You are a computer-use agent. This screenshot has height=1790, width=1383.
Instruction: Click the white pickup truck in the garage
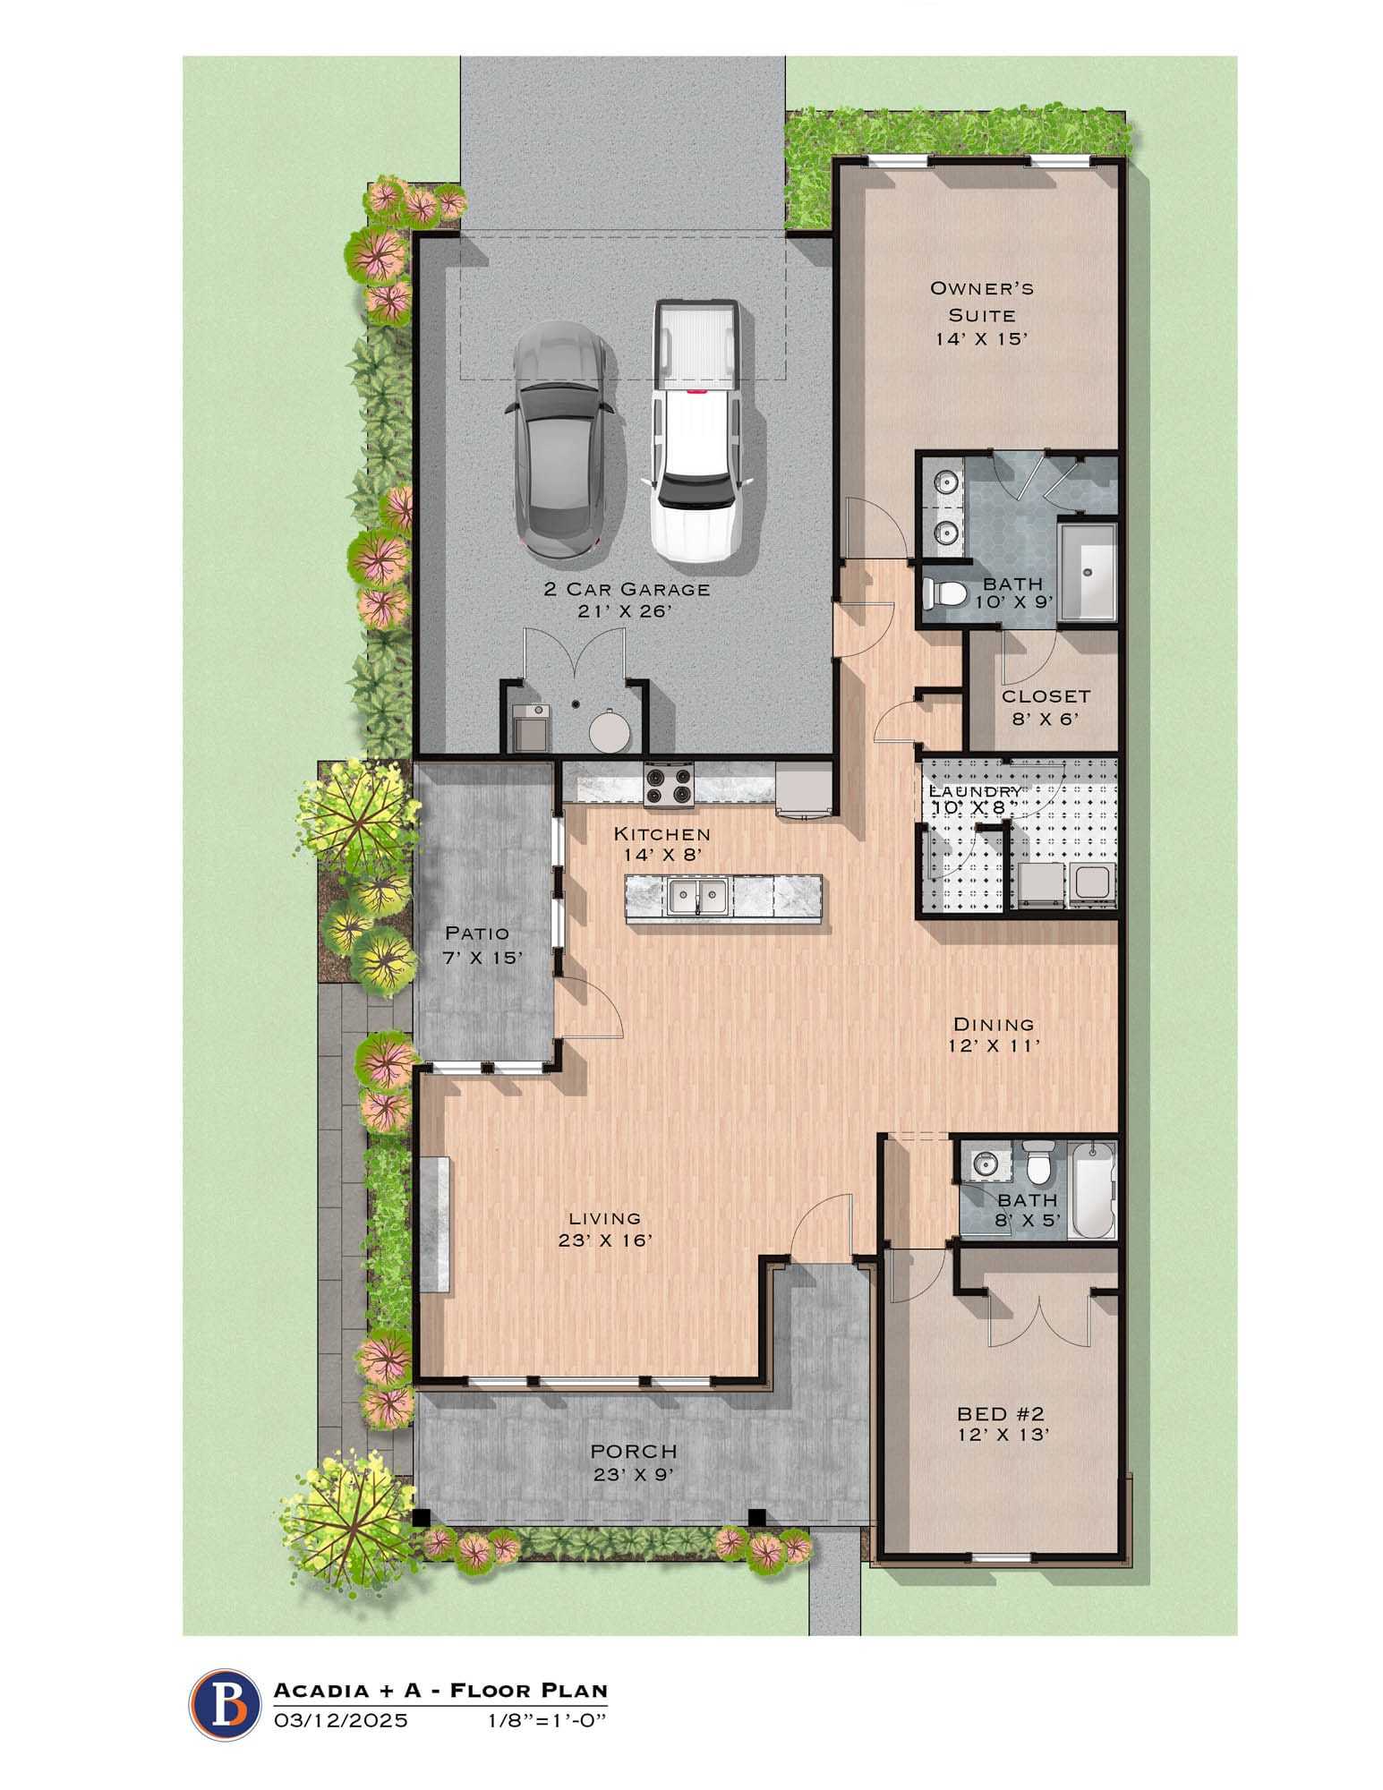(x=696, y=430)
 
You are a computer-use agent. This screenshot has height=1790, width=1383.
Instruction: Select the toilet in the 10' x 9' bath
(x=943, y=592)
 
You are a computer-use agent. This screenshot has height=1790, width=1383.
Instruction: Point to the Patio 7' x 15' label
(x=482, y=944)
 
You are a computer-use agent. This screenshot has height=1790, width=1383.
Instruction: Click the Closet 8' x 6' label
(x=1046, y=705)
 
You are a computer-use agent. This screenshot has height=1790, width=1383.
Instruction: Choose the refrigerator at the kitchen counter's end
(x=804, y=789)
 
